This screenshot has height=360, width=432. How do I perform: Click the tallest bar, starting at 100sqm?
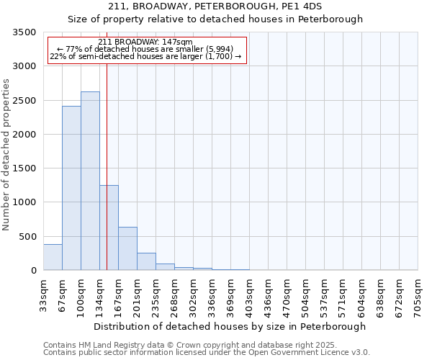click(x=90, y=181)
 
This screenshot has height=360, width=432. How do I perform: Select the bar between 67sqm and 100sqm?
click(x=71, y=188)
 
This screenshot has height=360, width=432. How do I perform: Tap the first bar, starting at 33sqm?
click(x=53, y=257)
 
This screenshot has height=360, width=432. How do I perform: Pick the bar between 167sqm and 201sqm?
click(x=127, y=248)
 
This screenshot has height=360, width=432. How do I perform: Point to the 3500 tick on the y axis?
click(x=24, y=32)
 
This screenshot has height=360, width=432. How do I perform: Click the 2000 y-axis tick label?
click(x=24, y=135)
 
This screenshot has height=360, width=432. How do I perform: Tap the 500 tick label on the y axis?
click(x=27, y=237)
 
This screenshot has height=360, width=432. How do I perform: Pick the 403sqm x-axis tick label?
click(x=249, y=294)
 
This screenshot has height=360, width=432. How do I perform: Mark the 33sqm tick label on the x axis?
click(x=43, y=294)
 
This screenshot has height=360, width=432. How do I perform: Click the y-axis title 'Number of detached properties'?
click(x=6, y=155)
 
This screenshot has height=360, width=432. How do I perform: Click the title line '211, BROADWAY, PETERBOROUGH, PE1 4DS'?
click(x=215, y=6)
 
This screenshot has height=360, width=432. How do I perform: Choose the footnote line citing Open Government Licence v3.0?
click(x=207, y=353)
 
